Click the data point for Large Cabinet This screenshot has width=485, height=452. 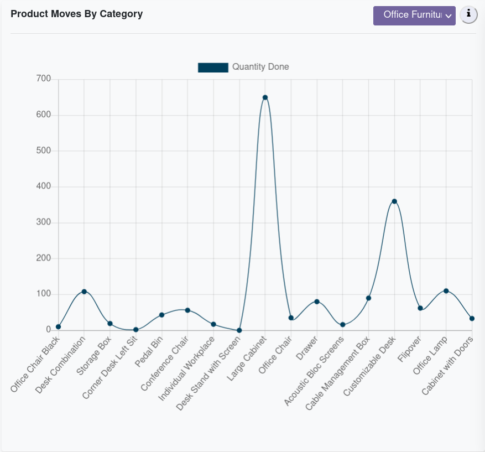[265, 97]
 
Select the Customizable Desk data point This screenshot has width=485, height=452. [394, 201]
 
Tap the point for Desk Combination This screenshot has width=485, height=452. [84, 292]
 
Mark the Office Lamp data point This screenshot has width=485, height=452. [446, 291]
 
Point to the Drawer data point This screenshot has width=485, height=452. [317, 302]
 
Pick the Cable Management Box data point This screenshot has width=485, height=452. [368, 298]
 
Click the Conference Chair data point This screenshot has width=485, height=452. [187, 310]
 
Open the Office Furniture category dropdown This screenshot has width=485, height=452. [414, 15]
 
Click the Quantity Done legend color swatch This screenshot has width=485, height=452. [213, 67]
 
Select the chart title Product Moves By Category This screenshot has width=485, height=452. [77, 14]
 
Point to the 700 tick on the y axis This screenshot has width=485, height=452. [43, 79]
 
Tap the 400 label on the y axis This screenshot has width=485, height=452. [43, 186]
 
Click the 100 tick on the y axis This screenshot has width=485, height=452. [43, 294]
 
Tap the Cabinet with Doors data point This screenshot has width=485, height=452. [472, 319]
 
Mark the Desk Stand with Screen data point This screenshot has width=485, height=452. [239, 330]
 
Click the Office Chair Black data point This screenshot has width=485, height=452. [58, 327]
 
